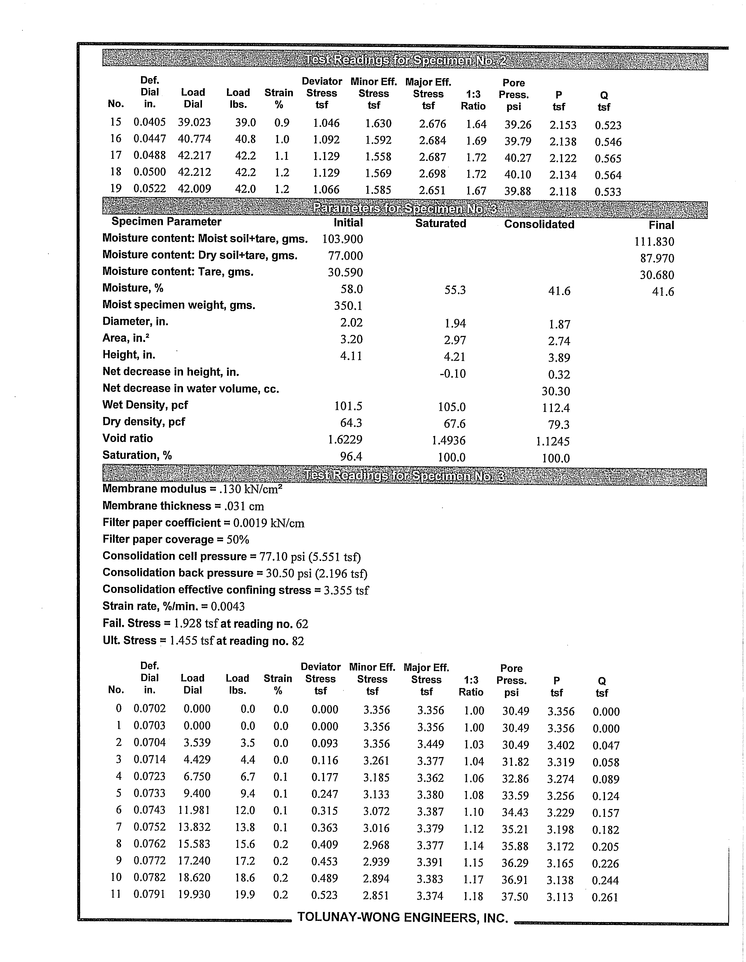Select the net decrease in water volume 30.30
556,391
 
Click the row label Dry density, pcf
144,422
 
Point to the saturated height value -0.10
453,373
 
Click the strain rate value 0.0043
228,607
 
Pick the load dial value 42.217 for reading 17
194,155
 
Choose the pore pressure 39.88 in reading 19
518,191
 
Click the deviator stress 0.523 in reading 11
325,895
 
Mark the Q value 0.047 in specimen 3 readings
606,745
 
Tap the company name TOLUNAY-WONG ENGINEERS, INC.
402,917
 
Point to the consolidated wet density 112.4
556,408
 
